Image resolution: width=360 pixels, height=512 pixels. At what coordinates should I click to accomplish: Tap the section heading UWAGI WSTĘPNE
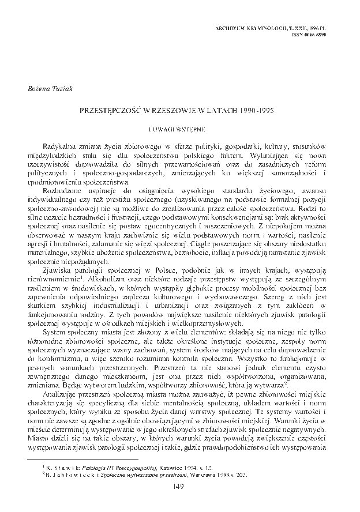click(179, 123)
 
